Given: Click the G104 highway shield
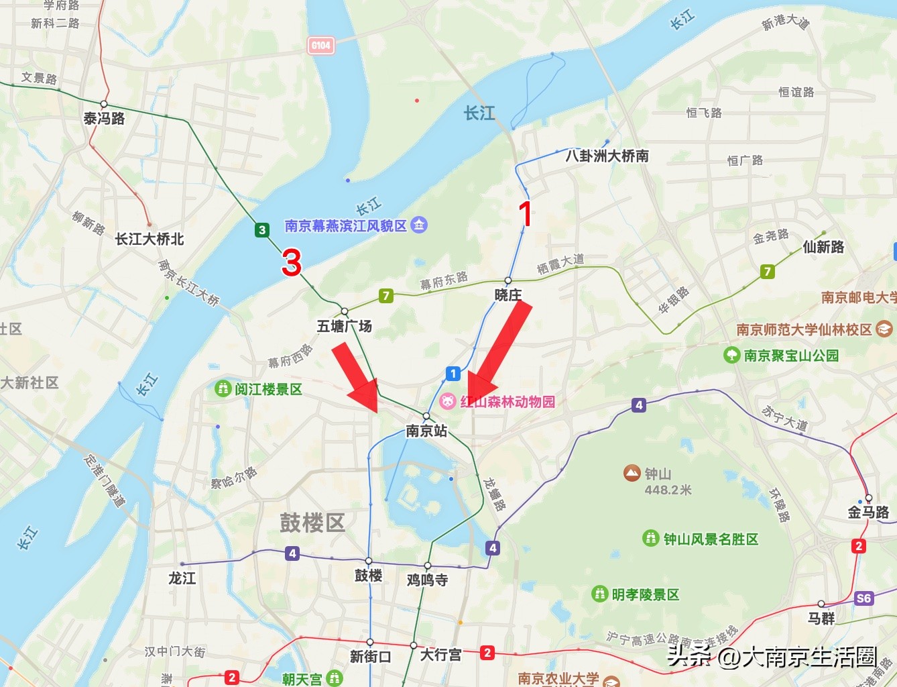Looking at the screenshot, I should coord(321,46).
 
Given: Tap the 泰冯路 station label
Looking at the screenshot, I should coord(104,119).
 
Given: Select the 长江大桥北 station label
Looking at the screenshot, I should coord(149,239).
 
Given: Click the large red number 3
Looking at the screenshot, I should coord(292,262).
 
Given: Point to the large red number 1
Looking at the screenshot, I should coord(526,214).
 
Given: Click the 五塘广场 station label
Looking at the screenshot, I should coord(344,326).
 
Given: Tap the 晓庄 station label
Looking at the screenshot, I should coord(507,295).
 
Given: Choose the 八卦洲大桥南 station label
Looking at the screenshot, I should coord(607,156).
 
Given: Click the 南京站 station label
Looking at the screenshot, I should coord(426,431).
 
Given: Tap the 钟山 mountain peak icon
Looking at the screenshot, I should coord(632,474).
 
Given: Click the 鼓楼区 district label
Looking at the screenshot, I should coord(312,523).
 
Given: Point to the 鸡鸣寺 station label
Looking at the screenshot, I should coord(427,580).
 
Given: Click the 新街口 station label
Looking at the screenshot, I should coord(370,656).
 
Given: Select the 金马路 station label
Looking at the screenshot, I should coord(868,513).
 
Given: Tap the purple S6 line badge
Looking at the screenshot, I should coord(864,598).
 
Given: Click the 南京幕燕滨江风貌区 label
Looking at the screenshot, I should coord(346,225).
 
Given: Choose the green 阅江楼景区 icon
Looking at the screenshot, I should coord(223,388).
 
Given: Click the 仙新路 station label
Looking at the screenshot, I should coord(823,247).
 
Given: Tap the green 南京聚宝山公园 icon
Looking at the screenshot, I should coord(732,355).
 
